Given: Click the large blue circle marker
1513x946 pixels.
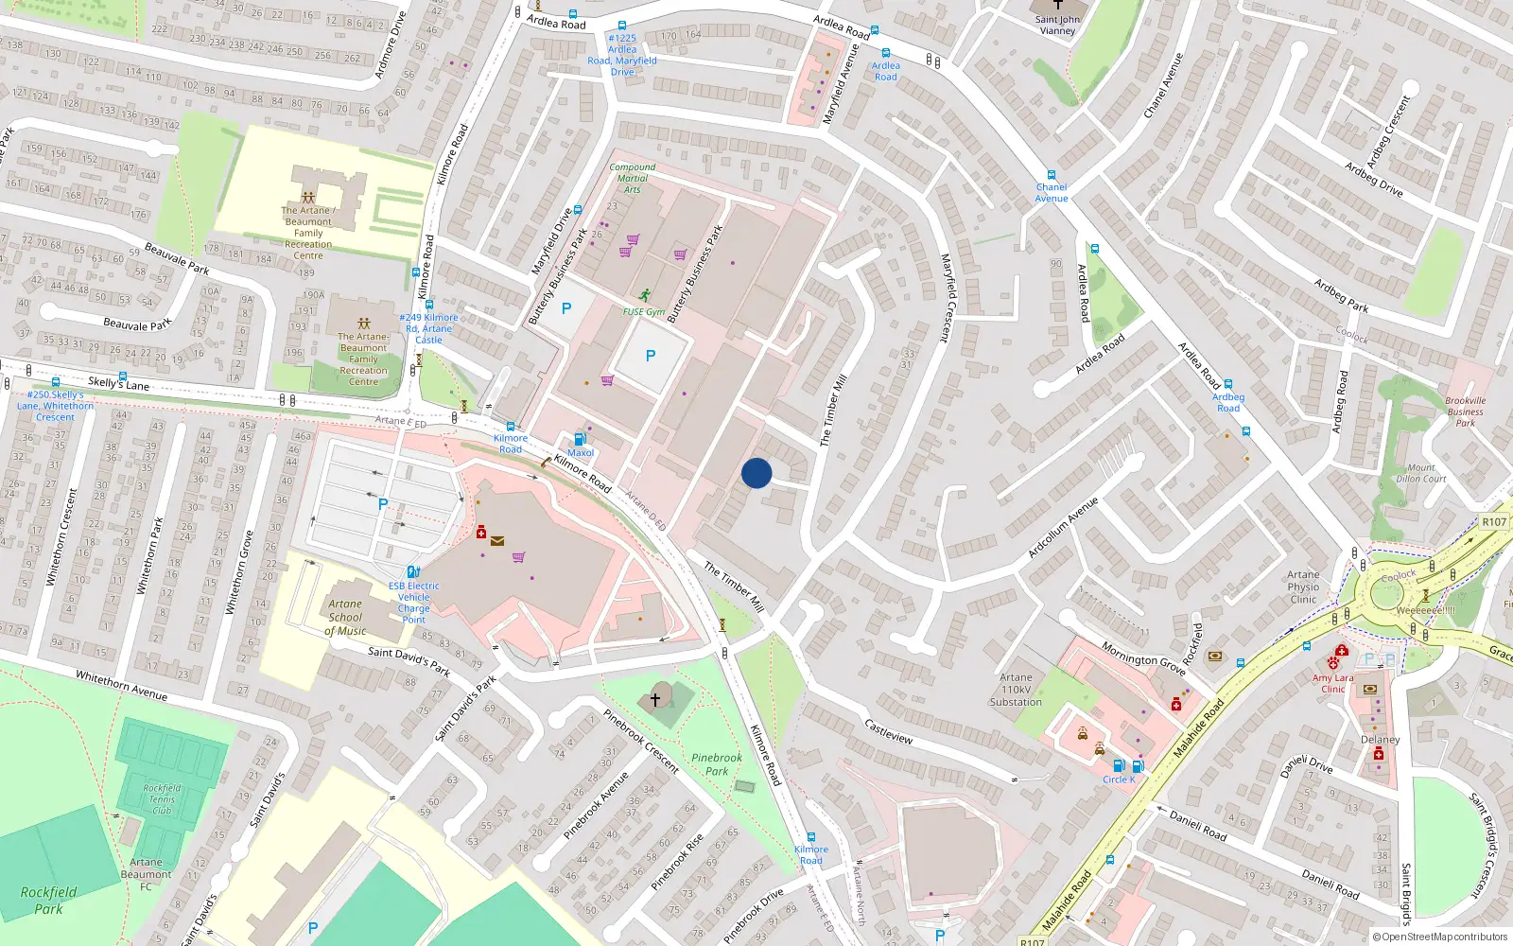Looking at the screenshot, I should pyautogui.click(x=756, y=473).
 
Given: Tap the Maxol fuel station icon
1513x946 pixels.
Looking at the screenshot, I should pyautogui.click(x=580, y=439).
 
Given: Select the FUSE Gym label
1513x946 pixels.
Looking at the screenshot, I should pyautogui.click(x=644, y=311).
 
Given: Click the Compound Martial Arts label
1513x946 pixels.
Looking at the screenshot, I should pyautogui.click(x=633, y=178).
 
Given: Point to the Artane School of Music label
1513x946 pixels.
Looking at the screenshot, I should pyautogui.click(x=345, y=617).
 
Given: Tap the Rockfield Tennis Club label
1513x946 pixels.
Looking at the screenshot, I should pyautogui.click(x=162, y=798).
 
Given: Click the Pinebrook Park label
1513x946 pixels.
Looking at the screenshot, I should pyautogui.click(x=717, y=763).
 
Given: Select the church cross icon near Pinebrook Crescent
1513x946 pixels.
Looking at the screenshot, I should pyautogui.click(x=654, y=699).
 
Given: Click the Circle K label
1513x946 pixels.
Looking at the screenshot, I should pyautogui.click(x=1119, y=780).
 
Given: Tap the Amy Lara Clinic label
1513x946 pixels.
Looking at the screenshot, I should pyautogui.click(x=1332, y=683).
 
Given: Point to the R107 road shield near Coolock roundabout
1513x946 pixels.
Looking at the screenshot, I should pyautogui.click(x=1494, y=522).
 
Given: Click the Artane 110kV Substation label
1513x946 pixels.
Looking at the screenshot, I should pyautogui.click(x=1016, y=690).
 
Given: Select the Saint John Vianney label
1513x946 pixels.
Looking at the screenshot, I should pyautogui.click(x=1057, y=25).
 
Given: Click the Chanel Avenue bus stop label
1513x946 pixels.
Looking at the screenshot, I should pyautogui.click(x=1051, y=192).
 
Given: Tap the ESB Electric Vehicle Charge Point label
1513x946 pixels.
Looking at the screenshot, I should pyautogui.click(x=413, y=603).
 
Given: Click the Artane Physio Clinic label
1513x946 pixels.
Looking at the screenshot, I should pyautogui.click(x=1303, y=587).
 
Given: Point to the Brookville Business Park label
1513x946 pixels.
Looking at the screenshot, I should pyautogui.click(x=1465, y=412).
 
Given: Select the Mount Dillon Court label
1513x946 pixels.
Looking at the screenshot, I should pyautogui.click(x=1421, y=473).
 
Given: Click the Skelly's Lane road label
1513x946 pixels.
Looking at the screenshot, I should pyautogui.click(x=119, y=383).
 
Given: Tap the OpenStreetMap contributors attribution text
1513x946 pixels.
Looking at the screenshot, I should pyautogui.click(x=1439, y=937).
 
